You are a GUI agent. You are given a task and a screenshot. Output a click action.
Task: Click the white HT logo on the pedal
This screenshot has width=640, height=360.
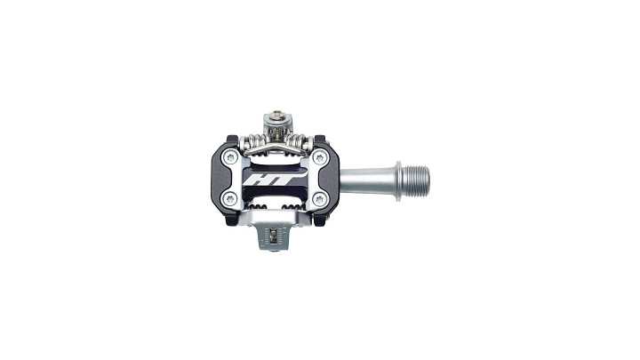point(271,180)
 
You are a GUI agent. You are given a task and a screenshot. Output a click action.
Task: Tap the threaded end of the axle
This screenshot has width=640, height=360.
point(416,181)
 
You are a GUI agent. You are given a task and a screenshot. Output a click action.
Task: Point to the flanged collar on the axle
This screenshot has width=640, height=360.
point(397,181)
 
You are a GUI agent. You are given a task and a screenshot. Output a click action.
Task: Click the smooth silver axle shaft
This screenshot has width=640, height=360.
point(366,181)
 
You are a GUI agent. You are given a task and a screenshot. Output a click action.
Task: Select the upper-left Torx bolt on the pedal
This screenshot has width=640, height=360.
point(230,156)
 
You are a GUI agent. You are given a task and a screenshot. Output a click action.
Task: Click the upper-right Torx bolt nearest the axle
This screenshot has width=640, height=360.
point(320,157)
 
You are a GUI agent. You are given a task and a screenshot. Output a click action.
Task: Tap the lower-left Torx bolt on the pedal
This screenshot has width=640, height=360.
point(230,199)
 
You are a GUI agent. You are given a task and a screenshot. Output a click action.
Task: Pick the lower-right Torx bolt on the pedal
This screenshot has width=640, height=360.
point(320,200)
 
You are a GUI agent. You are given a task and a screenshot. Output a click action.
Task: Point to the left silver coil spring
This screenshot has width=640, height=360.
point(256,141)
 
